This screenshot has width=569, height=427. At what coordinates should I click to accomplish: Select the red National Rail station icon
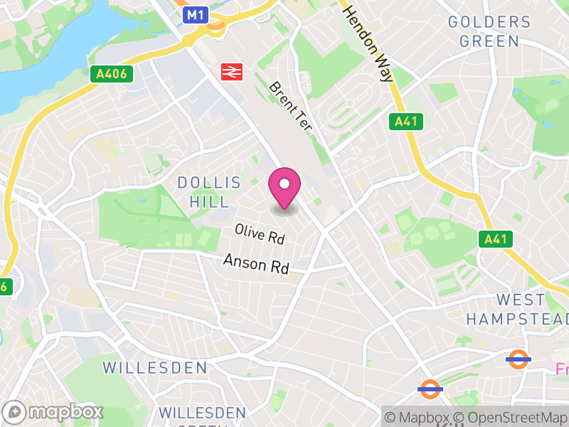pyautogui.click(x=232, y=71)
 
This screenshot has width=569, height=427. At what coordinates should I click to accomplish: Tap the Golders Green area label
pyautogui.click(x=489, y=31)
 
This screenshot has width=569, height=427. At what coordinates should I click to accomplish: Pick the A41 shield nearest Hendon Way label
pyautogui.click(x=406, y=122)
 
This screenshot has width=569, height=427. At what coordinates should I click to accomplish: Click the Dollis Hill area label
pyautogui.click(x=204, y=191)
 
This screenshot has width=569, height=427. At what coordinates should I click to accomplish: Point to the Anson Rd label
pyautogui.click(x=256, y=264)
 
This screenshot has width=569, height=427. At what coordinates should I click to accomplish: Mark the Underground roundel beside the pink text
pyautogui.click(x=519, y=359)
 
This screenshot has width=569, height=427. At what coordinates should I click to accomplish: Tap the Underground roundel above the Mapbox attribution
pyautogui.click(x=430, y=389)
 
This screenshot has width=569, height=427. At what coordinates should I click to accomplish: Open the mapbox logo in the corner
pyautogui.click(x=54, y=411)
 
